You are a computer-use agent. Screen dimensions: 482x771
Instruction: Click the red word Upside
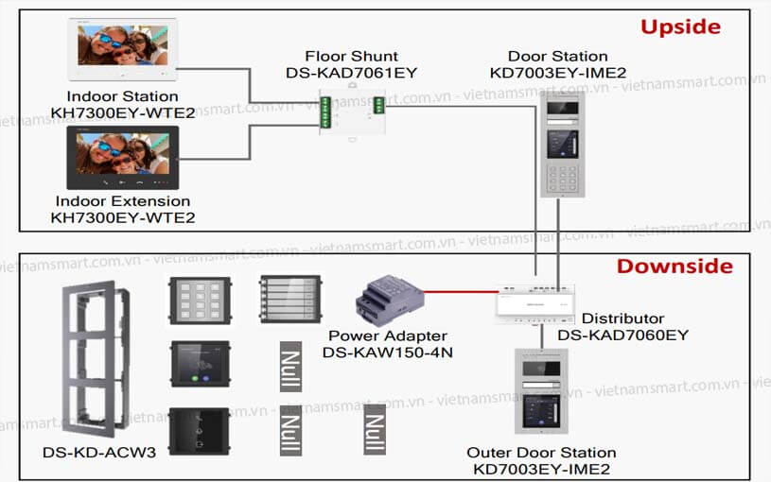pos(680,26)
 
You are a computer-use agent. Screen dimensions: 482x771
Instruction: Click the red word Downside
pos(675,266)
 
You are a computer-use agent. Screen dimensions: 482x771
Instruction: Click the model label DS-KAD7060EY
pos(622,335)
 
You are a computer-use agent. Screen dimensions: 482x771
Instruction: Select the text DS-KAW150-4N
pos(388,352)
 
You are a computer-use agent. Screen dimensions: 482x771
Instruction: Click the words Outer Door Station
pos(541,453)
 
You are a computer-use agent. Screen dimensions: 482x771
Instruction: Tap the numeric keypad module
pos(199,301)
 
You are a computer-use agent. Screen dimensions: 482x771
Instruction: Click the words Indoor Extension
pos(122,201)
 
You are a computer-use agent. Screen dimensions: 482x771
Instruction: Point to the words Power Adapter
pos(388,336)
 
